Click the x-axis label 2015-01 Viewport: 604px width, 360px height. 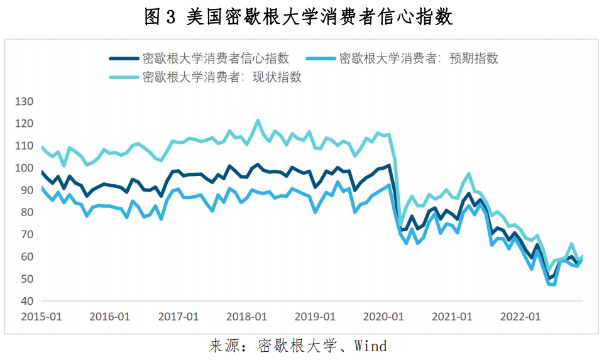[x=41, y=316]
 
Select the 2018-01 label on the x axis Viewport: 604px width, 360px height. [x=247, y=316]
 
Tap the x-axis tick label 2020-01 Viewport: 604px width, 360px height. [x=383, y=316]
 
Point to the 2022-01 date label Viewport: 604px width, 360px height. [x=520, y=316]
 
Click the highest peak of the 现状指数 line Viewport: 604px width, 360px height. [x=258, y=120]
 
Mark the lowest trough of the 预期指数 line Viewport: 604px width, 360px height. [x=552, y=285]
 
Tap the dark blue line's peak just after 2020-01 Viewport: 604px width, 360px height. [x=389, y=166]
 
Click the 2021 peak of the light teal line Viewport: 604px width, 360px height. [x=469, y=173]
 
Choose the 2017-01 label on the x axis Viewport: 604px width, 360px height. [x=178, y=316]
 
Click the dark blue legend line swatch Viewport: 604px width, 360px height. [x=124, y=58]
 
